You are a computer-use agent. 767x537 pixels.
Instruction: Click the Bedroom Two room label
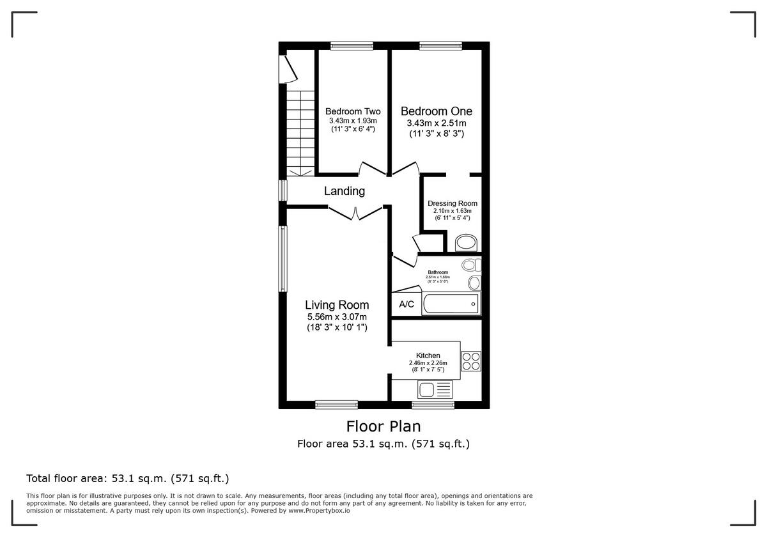tap(353, 111)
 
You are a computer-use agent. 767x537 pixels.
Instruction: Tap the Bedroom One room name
tap(437, 111)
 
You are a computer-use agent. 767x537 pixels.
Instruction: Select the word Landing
tap(344, 191)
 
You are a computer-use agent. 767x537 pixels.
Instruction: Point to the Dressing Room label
tap(453, 203)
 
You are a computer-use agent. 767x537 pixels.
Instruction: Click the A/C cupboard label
tap(407, 304)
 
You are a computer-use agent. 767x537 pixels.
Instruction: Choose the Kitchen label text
tap(428, 355)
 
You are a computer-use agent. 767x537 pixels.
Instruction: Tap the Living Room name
tap(337, 305)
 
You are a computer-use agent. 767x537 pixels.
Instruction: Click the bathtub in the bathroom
tap(451, 304)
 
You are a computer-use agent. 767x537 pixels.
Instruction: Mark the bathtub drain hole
tap(473, 304)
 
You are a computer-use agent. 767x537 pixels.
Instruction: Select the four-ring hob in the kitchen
tap(471, 361)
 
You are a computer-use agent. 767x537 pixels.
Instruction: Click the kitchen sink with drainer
tap(435, 389)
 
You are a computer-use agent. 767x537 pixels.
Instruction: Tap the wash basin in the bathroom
tap(474, 283)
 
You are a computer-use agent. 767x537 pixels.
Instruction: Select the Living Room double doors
tap(355, 213)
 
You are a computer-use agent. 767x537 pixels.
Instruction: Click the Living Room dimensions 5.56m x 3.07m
tap(337, 316)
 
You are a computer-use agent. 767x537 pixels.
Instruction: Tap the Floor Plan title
tap(383, 426)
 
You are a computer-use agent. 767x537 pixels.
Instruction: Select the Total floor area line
tap(127, 478)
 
